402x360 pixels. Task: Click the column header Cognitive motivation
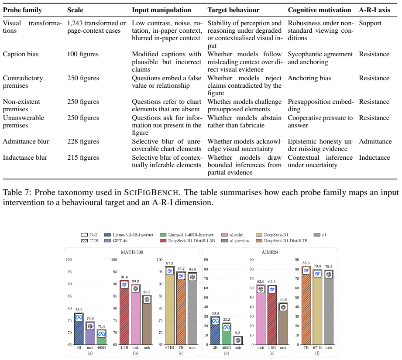click(319, 10)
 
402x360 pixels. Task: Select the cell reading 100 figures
click(83, 54)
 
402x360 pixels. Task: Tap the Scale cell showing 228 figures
click(83, 141)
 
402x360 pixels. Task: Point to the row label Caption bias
click(21, 54)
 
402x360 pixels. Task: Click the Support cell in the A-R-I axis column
click(370, 23)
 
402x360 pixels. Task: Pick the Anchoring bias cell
click(309, 78)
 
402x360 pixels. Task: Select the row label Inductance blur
click(25, 158)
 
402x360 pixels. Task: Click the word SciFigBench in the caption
click(151, 192)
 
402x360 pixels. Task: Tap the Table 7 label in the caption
click(17, 192)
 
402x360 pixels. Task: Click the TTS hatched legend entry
click(89, 240)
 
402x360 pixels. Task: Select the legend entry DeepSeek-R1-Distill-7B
click(281, 240)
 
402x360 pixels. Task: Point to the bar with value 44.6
click(283, 324)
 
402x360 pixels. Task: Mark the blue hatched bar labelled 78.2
click(79, 329)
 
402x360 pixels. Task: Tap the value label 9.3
click(237, 333)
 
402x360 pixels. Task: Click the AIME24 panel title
click(270, 252)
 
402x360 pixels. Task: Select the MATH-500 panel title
click(132, 252)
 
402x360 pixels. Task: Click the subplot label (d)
click(227, 353)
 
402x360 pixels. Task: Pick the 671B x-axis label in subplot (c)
click(169, 348)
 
